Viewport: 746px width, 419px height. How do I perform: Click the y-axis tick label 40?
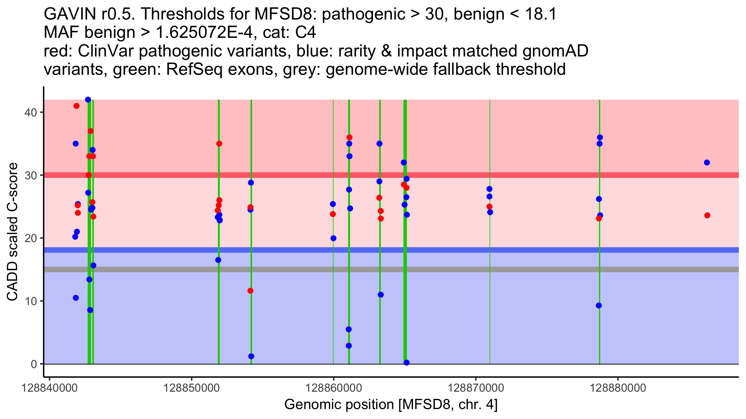(30, 112)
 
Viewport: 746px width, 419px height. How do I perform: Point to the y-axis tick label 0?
(34, 364)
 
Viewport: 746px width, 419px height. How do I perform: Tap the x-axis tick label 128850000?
(191, 388)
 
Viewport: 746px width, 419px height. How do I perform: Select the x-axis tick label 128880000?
(618, 388)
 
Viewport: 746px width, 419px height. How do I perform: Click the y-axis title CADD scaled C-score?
(12, 232)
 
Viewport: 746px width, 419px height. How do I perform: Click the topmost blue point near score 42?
(88, 100)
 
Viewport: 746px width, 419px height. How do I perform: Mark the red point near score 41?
(76, 106)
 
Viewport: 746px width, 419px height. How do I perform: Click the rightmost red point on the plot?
(707, 215)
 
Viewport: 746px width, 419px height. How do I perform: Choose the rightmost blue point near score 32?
(707, 163)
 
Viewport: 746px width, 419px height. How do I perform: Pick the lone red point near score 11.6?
(250, 291)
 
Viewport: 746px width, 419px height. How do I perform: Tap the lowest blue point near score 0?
(407, 363)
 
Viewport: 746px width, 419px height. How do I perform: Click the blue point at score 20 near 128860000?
(333, 238)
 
